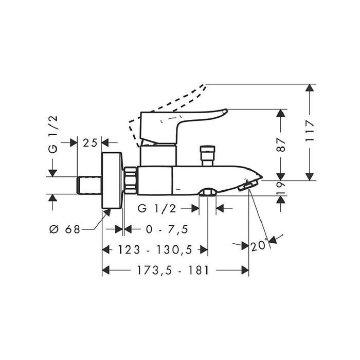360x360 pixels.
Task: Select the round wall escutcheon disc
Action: [x=112, y=182]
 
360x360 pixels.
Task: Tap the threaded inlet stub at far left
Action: [x=89, y=185]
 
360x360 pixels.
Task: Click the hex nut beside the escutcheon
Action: [x=131, y=182]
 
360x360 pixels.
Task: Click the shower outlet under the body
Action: [x=207, y=193]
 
